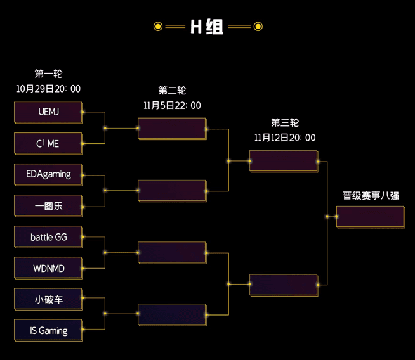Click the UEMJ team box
(48, 112)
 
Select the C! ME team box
(48, 144)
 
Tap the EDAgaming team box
(48, 174)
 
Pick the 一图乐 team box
(48, 206)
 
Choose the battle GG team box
(48, 237)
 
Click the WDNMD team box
(48, 268)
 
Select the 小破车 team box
(48, 299)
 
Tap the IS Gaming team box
(48, 330)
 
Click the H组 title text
(207, 27)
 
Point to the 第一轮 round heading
(48, 74)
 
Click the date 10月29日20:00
(48, 89)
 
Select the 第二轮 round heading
(172, 91)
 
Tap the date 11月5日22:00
(172, 106)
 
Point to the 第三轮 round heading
(284, 122)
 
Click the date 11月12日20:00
(284, 138)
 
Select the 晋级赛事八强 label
(371, 196)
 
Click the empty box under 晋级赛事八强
(371, 217)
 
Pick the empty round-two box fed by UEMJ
(172, 129)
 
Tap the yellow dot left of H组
(158, 27)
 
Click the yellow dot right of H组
(258, 27)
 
